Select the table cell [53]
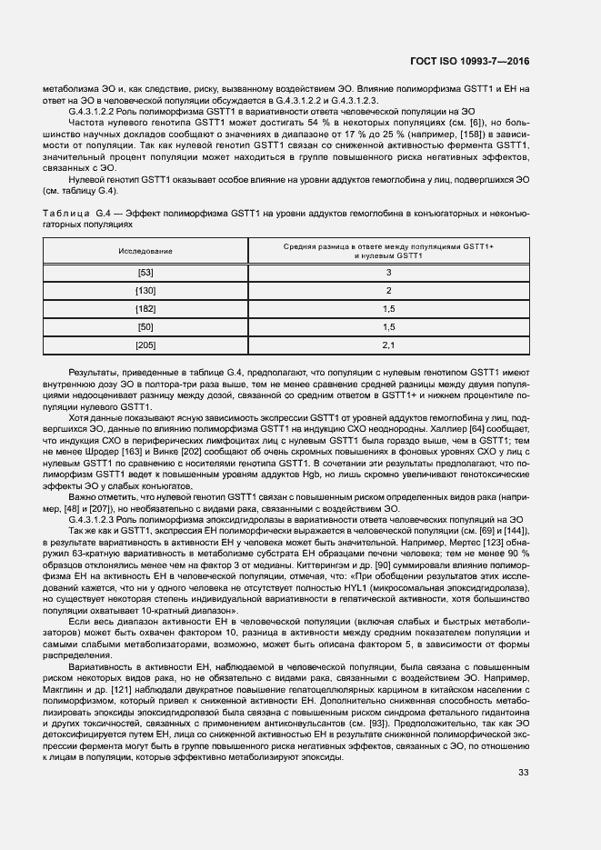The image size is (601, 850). [x=145, y=273]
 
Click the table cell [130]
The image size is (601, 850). [x=145, y=291]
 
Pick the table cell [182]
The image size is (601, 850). [x=145, y=309]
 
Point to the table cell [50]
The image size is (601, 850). [x=145, y=327]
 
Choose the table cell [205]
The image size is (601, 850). [x=145, y=345]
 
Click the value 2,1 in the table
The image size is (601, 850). [x=388, y=345]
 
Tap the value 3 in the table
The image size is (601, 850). [x=388, y=273]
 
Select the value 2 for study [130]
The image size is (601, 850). [x=388, y=291]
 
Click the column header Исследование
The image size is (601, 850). [x=145, y=250]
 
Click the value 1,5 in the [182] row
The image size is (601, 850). [x=388, y=309]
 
